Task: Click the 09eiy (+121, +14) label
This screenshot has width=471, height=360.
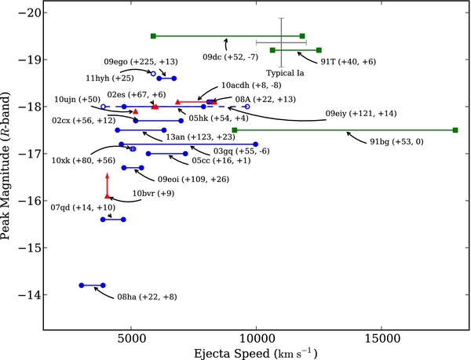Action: (x=363, y=113)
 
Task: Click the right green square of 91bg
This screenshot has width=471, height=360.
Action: (x=455, y=130)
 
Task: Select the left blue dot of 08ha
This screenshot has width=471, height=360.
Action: (x=82, y=285)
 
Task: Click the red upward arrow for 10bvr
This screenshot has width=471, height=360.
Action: (x=108, y=185)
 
